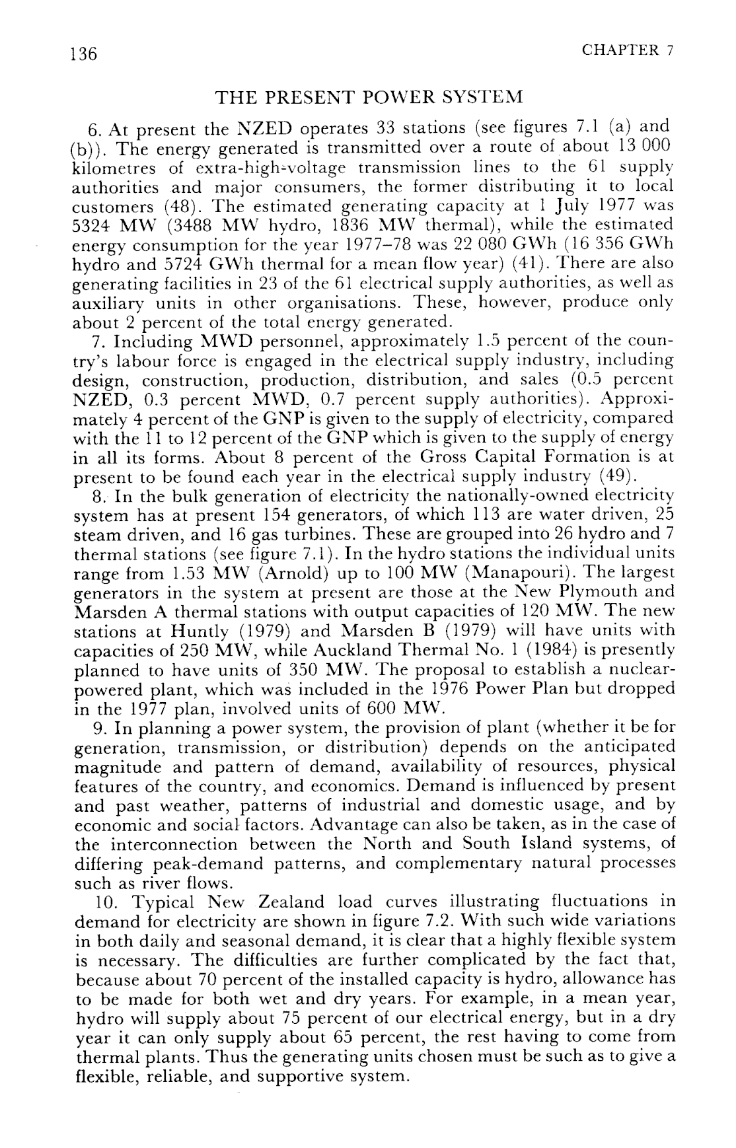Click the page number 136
tap(84, 54)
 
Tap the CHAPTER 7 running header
tap(628, 50)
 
